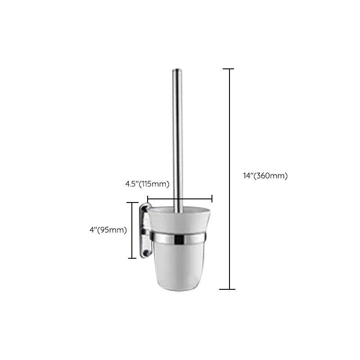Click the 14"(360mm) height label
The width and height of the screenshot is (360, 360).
point(265,176)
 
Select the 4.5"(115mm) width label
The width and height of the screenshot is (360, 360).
point(147,184)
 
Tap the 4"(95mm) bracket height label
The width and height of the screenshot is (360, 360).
point(108,230)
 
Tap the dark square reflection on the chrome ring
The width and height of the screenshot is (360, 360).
point(179,239)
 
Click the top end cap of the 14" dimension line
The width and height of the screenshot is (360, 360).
point(229,69)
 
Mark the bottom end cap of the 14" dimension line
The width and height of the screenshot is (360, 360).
point(229,289)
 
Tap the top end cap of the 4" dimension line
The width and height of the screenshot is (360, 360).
point(132,203)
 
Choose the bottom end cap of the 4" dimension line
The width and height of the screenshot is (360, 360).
point(132,258)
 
